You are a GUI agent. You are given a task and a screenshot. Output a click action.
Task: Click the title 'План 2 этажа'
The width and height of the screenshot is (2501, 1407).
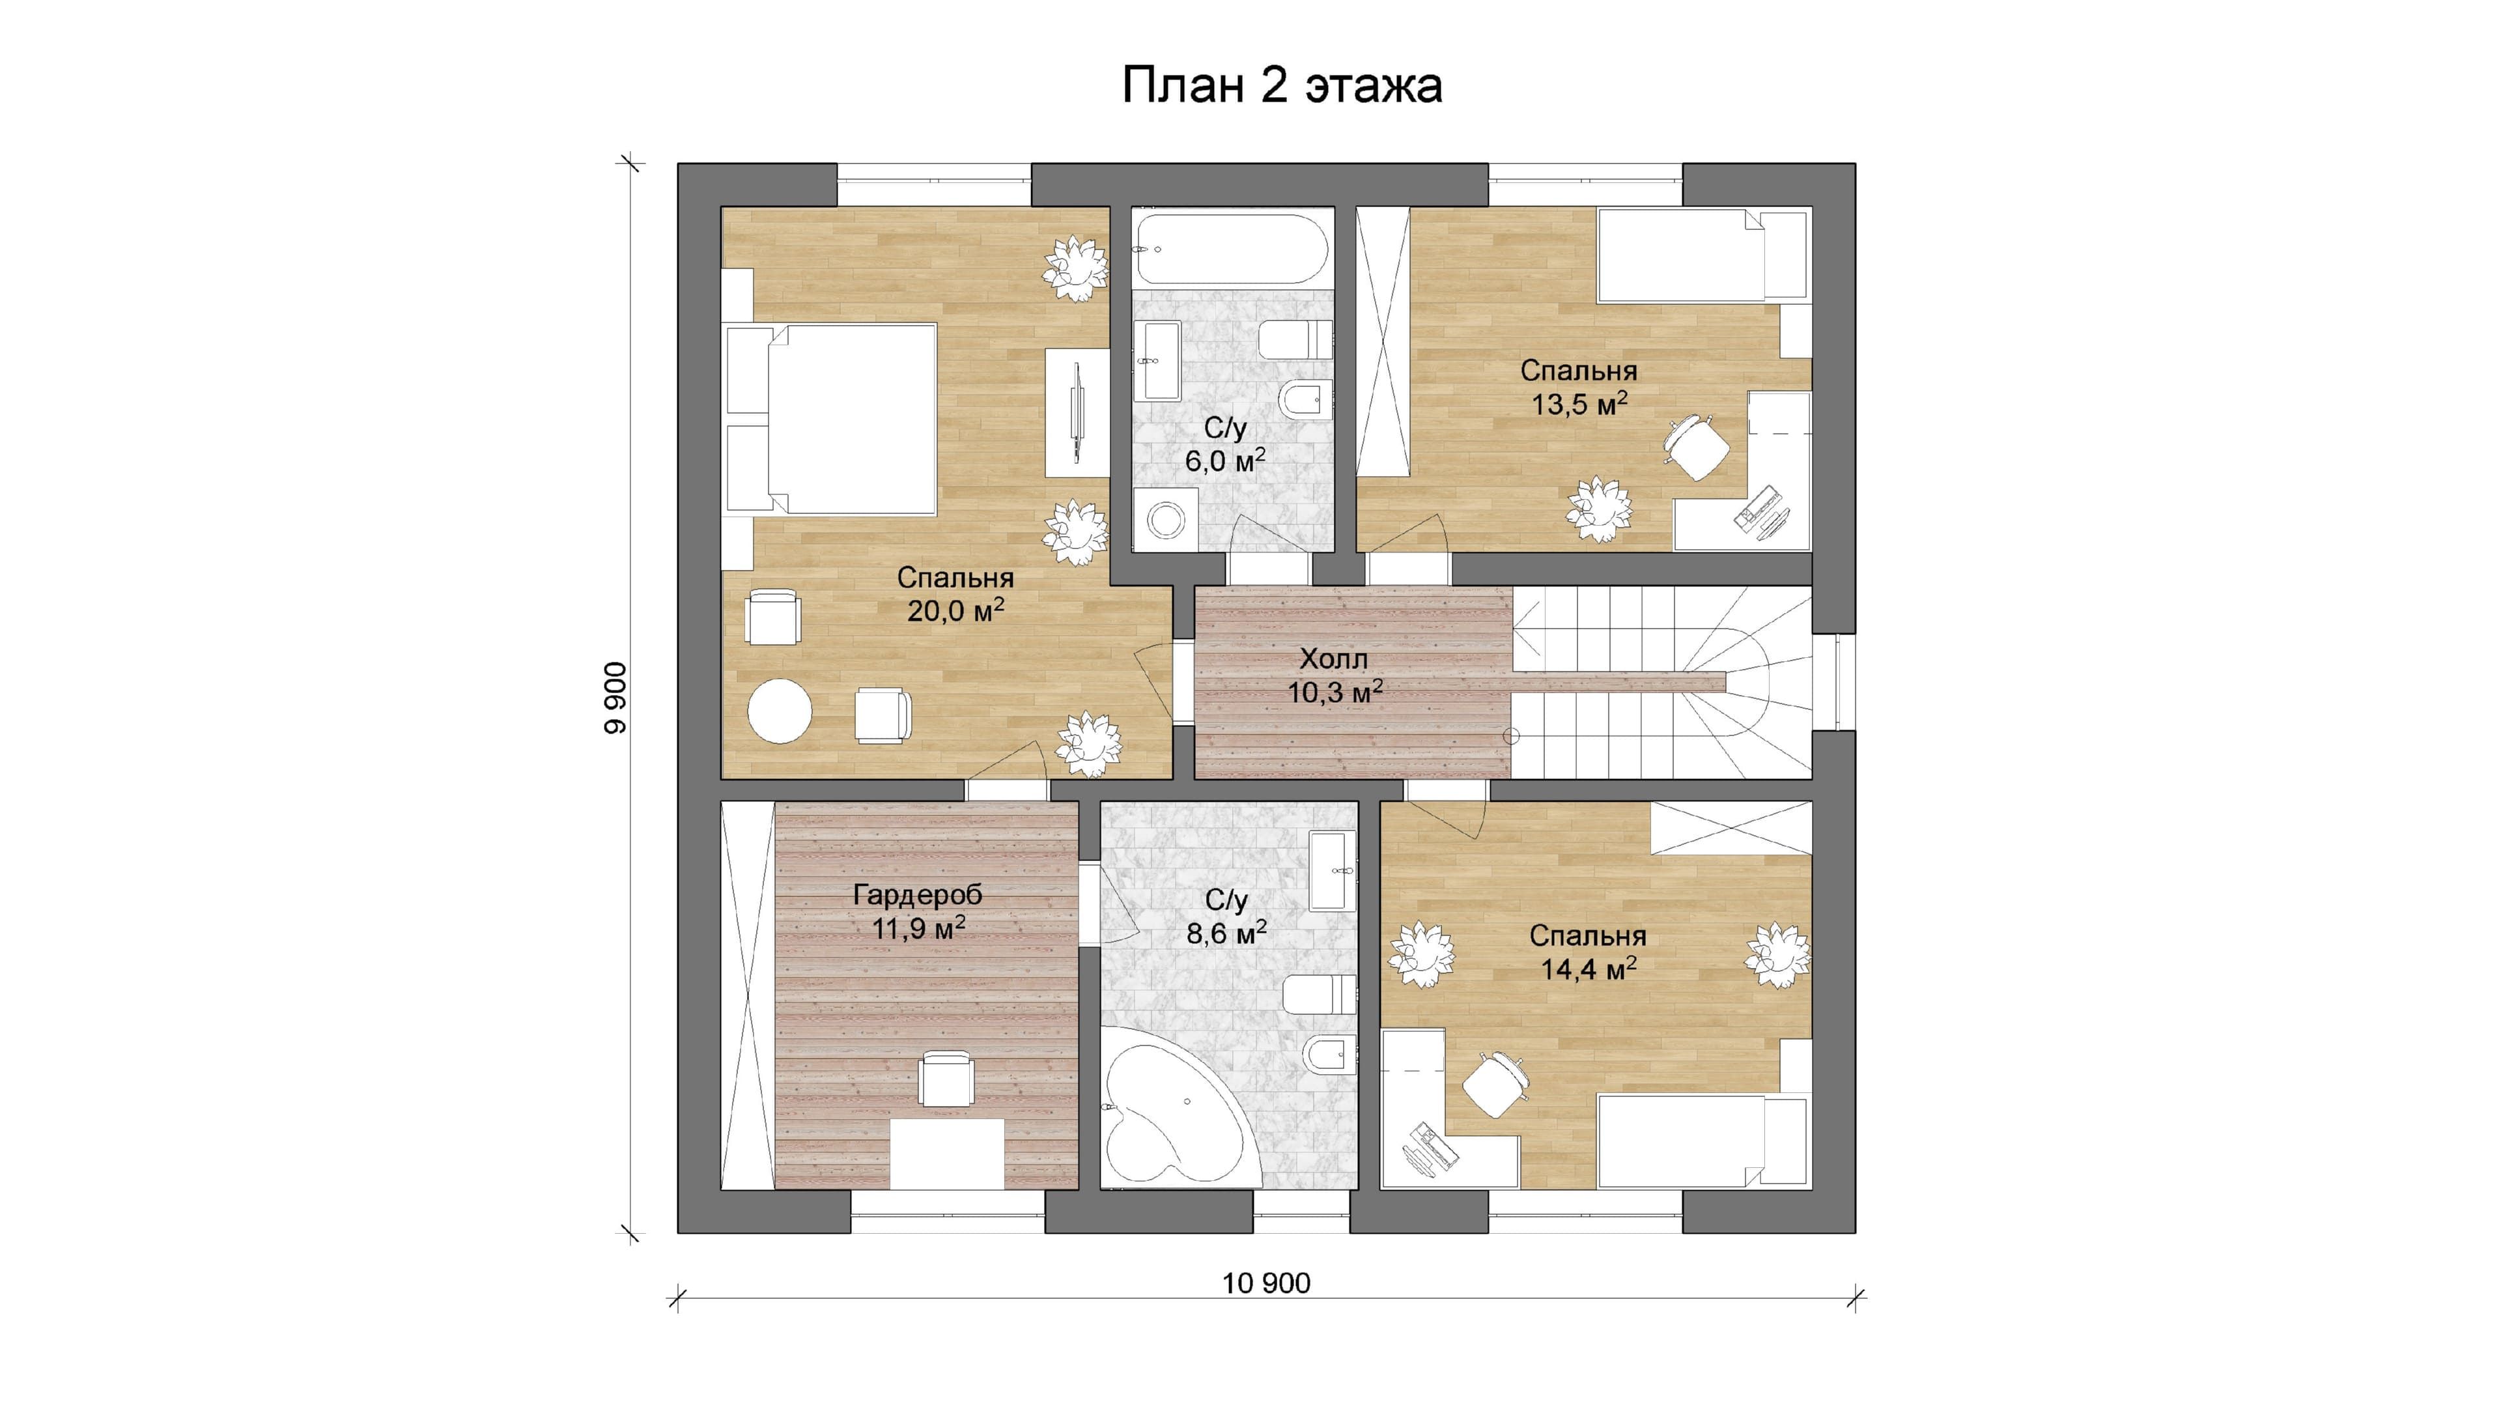1282,85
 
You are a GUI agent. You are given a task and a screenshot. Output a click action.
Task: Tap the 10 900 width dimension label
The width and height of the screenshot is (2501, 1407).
1266,1284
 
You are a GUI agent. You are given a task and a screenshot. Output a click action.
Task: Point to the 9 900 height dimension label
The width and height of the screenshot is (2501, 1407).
615,698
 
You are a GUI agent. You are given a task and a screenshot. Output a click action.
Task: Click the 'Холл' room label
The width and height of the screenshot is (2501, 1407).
1334,659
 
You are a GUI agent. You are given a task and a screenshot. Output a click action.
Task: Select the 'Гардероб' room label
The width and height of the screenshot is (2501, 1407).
918,894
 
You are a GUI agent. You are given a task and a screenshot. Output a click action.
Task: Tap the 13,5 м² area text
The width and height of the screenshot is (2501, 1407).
1579,403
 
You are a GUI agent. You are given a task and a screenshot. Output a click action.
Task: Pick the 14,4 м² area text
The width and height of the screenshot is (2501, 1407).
1589,968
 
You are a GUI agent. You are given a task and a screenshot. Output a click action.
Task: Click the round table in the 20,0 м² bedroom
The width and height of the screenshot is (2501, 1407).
780,711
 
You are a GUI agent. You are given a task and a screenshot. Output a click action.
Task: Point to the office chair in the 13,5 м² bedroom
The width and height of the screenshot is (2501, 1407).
1695,446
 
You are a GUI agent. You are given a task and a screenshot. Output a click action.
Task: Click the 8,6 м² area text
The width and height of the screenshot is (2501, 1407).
1226,933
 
